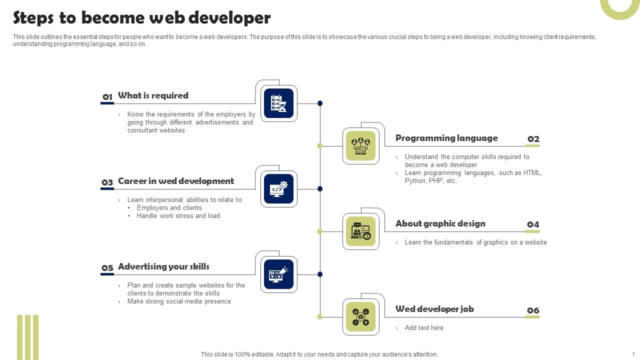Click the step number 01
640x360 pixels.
pos(107,97)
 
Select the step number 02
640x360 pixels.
pos(533,139)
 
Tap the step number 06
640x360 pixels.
pos(533,310)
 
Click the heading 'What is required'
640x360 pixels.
pos(153,95)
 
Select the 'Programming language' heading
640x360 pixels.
pos(446,138)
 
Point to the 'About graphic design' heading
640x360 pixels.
pos(440,223)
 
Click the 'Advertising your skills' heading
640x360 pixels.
pos(163,266)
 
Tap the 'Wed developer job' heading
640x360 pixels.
pos(434,309)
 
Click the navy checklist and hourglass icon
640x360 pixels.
pos(278,103)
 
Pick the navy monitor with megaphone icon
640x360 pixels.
pos(278,274)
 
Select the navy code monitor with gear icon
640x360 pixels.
pos(278,189)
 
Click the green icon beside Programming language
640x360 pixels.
pos(360,146)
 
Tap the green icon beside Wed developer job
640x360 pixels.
pos(360,317)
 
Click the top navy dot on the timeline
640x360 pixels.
pos(320,103)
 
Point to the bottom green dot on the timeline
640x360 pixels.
pos(320,316)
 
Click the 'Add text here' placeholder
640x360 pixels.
pos(424,328)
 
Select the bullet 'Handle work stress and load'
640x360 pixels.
pos(178,216)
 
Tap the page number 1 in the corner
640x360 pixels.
pos(633,354)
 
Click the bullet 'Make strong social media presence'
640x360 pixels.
pos(179,301)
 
